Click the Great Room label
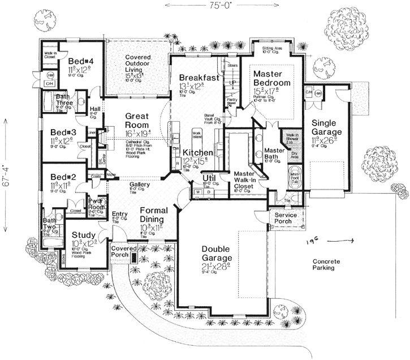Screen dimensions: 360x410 click(134, 121)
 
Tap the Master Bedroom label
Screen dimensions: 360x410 click(272, 78)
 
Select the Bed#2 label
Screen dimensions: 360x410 click(63, 177)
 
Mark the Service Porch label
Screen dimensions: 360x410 click(286, 219)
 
